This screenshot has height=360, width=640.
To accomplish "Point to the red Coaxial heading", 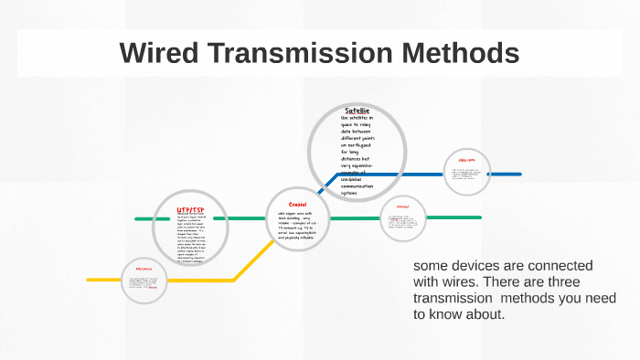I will [297, 204].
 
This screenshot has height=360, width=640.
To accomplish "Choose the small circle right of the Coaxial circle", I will [403, 218].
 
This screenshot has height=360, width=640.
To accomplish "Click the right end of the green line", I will [476, 218].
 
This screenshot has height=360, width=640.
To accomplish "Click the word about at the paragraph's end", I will [485, 314].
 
